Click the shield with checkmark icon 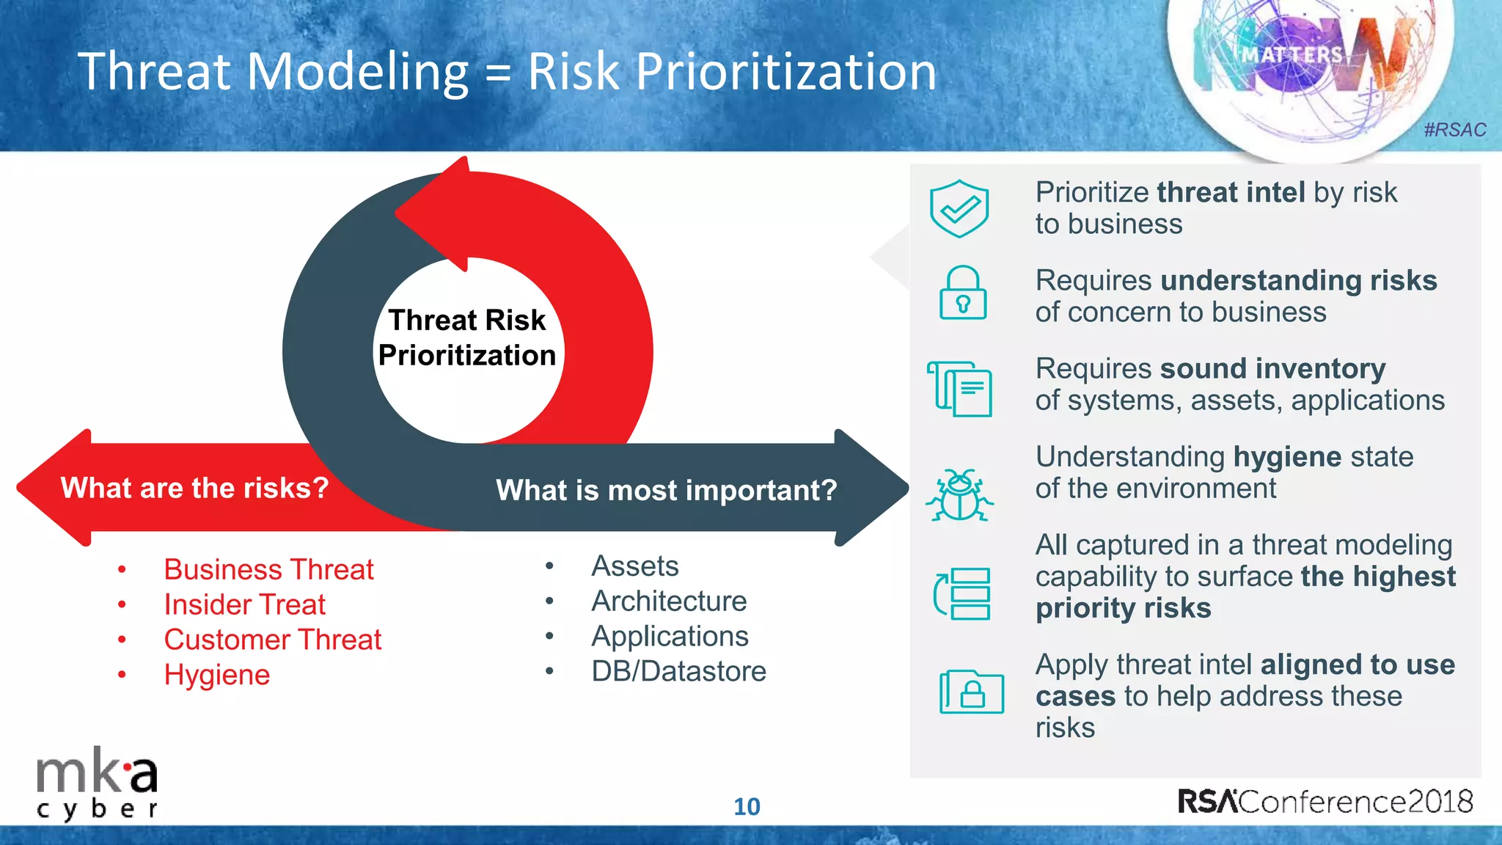click(x=959, y=209)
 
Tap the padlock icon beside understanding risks click(x=963, y=293)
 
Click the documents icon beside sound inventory click(x=960, y=388)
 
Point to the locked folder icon click(x=971, y=691)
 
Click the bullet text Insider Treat click(x=245, y=605)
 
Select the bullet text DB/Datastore click(x=678, y=671)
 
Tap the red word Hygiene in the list click(x=217, y=675)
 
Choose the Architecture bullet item click(x=669, y=601)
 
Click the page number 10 click(x=747, y=807)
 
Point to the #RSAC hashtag click(x=1454, y=130)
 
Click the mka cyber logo click(x=97, y=786)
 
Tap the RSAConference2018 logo click(x=1325, y=802)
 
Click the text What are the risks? click(x=194, y=488)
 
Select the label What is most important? click(x=666, y=490)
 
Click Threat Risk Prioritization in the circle click(x=467, y=338)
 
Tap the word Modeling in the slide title click(x=357, y=72)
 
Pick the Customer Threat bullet click(x=273, y=640)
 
